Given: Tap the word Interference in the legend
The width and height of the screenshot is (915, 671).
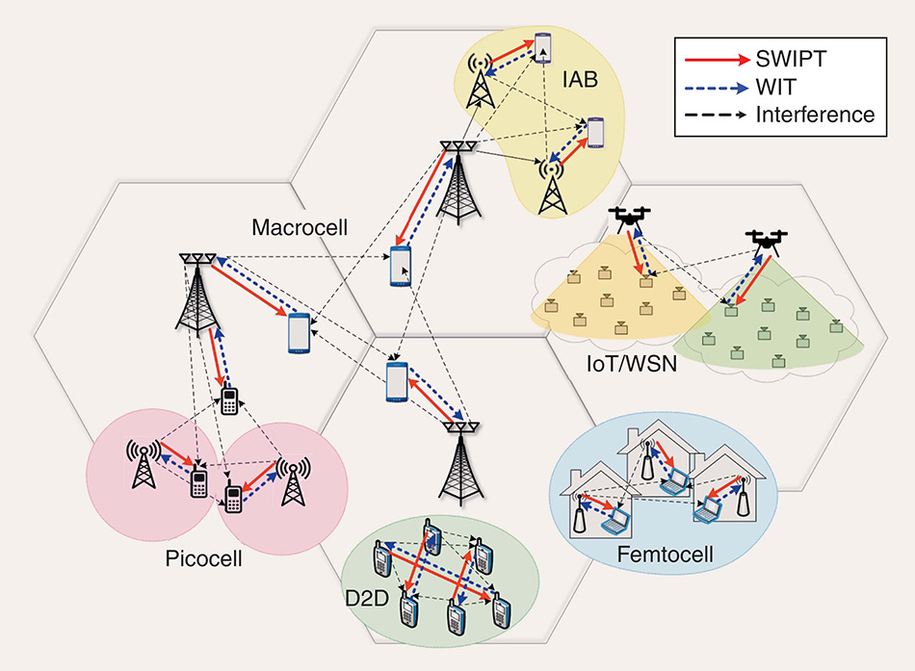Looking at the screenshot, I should tap(815, 115).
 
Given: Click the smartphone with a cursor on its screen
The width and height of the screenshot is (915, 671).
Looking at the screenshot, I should tap(402, 267).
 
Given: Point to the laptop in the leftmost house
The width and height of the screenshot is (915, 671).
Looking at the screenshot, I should tap(613, 523).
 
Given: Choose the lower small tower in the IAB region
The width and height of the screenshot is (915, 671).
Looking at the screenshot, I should tap(551, 185).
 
